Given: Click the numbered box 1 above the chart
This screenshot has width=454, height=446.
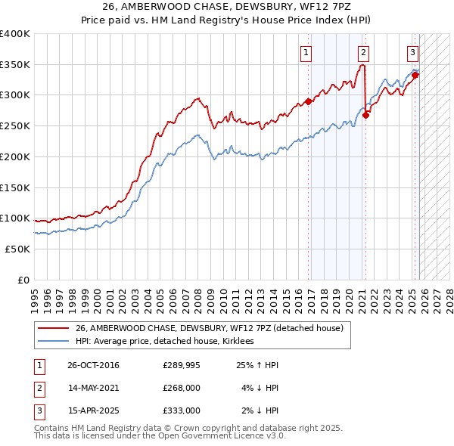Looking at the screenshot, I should (x=306, y=52).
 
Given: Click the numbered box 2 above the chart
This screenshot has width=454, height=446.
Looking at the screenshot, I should (x=364, y=52).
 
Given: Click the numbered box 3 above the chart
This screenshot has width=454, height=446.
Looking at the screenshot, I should (x=412, y=52).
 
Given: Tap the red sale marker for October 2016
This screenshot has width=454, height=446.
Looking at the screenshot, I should (x=309, y=101).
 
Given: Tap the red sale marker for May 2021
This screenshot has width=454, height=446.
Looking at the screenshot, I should (x=366, y=115).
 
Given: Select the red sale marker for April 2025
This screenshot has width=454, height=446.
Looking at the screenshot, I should (x=415, y=75).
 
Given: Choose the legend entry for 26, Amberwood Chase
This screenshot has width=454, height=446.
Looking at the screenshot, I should (x=210, y=328).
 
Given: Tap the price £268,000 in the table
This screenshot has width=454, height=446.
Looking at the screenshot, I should (x=182, y=389).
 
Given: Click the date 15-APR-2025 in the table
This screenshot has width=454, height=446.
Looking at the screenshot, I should (x=93, y=410).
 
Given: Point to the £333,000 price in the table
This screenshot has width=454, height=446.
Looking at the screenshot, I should (x=182, y=410).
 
